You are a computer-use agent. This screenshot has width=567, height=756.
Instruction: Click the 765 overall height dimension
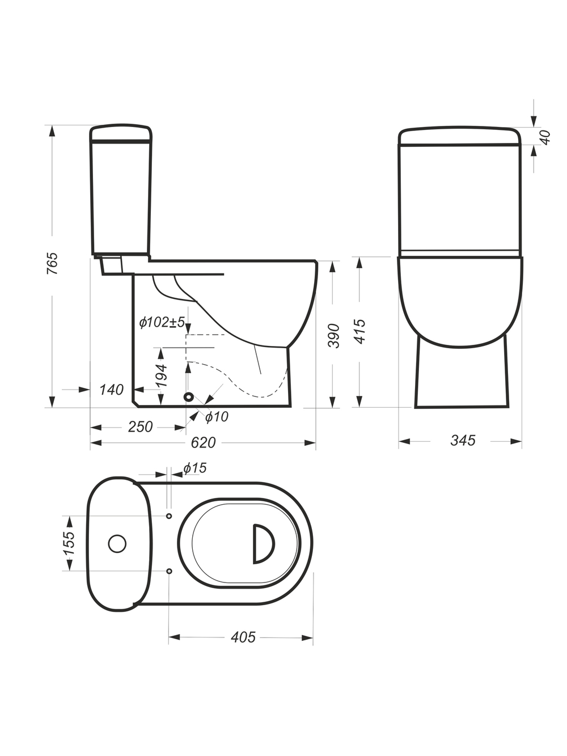[x=53, y=264]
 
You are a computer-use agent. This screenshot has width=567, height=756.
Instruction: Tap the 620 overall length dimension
[x=204, y=443]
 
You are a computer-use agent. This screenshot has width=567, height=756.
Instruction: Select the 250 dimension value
[x=140, y=427]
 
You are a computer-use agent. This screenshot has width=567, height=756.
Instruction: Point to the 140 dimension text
[x=111, y=390]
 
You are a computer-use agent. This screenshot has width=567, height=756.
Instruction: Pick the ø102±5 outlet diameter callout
[x=162, y=322]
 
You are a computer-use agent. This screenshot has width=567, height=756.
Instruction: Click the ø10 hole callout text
[x=217, y=417]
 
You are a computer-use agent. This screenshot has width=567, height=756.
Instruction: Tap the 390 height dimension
[x=334, y=336]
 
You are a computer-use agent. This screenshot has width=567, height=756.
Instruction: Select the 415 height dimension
[x=359, y=331]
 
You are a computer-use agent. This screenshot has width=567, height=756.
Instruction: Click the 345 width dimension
[x=463, y=441]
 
